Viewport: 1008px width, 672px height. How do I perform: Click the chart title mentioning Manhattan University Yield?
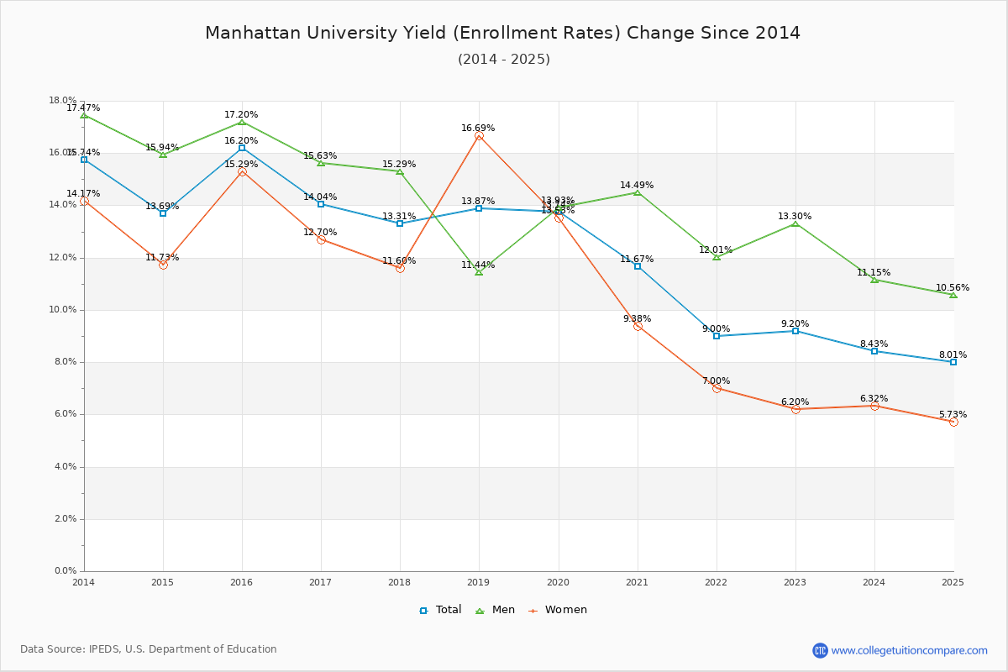tap(502, 33)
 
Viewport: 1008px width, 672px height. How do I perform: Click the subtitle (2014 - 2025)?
tap(503, 60)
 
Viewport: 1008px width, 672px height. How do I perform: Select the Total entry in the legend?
tap(441, 610)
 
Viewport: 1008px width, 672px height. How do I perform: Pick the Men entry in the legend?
tap(496, 610)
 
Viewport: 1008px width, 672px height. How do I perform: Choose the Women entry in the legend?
tap(558, 610)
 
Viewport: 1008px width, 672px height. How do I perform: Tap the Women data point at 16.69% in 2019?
tap(479, 136)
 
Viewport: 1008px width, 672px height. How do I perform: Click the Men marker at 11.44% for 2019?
tap(479, 272)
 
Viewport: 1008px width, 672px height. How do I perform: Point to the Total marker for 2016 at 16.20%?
tap(242, 148)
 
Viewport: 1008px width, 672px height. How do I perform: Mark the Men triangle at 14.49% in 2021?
tap(638, 193)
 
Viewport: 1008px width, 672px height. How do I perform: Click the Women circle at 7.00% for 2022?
tap(717, 388)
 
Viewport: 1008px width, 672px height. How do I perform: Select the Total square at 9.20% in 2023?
tap(795, 331)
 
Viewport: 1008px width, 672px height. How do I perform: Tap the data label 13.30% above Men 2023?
tap(795, 217)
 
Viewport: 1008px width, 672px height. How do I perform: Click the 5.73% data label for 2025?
tap(953, 415)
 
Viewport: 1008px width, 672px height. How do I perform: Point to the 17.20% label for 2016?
tap(241, 115)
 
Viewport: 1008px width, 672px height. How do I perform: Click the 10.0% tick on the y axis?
tap(65, 310)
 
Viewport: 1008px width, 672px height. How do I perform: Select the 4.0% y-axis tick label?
tap(65, 467)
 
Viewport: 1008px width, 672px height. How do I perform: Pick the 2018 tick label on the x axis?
tap(400, 582)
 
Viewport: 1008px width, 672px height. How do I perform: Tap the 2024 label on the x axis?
tap(874, 582)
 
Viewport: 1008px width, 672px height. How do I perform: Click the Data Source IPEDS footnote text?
tap(149, 649)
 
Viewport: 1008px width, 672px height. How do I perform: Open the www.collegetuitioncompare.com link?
tap(909, 650)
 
